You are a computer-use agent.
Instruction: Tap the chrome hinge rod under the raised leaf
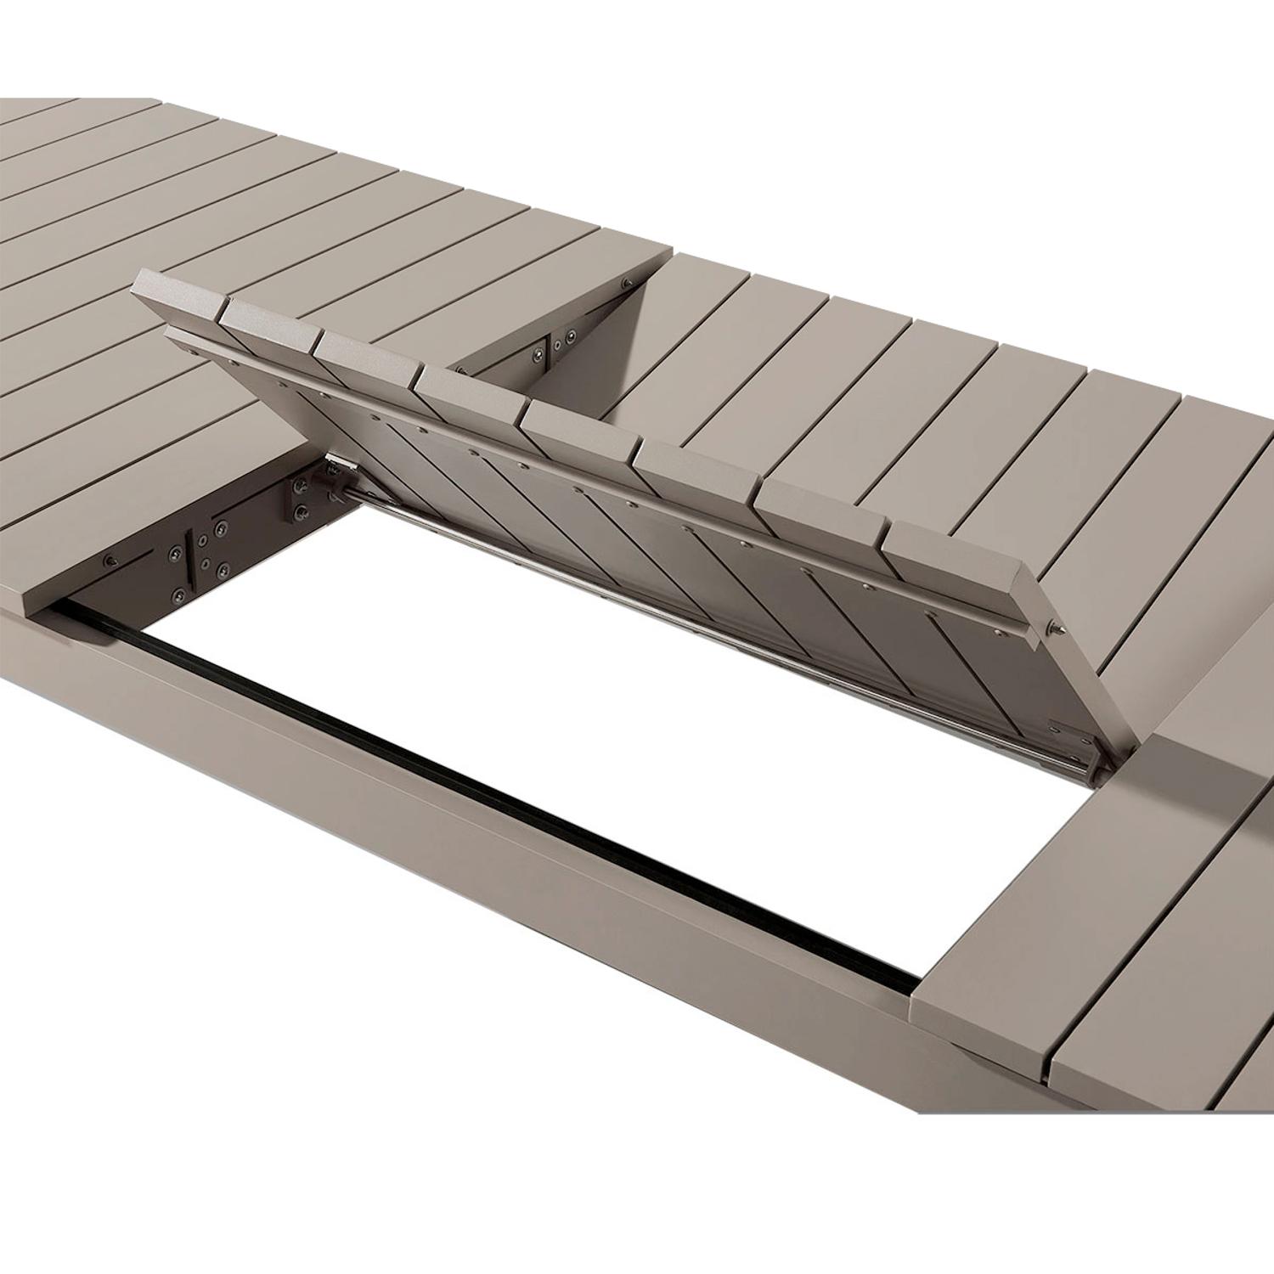679,595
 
